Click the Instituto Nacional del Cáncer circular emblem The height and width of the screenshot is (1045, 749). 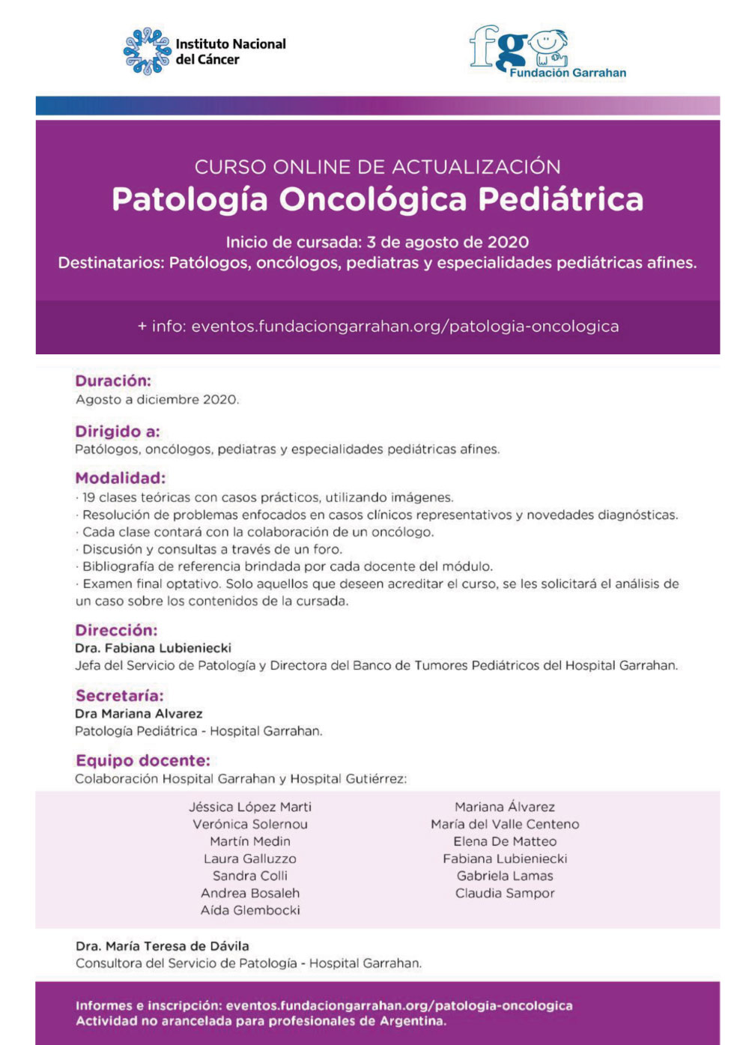[147, 51]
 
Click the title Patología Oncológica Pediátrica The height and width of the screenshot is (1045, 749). [377, 200]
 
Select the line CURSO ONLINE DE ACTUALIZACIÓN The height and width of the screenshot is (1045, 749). [377, 166]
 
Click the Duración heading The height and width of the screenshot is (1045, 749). [113, 381]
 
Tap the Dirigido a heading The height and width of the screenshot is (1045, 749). [118, 431]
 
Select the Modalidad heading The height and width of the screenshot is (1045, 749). [121, 478]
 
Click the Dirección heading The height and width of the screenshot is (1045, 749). [116, 630]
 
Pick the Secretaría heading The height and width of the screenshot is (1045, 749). [119, 695]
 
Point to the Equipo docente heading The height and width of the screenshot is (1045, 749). [143, 760]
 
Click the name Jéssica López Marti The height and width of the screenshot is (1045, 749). [250, 807]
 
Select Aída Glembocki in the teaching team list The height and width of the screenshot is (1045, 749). [250, 910]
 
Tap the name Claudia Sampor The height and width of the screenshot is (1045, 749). [505, 893]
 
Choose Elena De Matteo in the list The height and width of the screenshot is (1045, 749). [505, 841]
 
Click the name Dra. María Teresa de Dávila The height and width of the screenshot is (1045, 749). [163, 946]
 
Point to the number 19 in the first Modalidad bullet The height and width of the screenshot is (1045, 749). [88, 497]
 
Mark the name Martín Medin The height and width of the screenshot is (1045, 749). [250, 841]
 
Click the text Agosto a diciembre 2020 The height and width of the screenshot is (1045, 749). [157, 400]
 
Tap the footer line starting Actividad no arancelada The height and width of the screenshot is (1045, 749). [261, 1021]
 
